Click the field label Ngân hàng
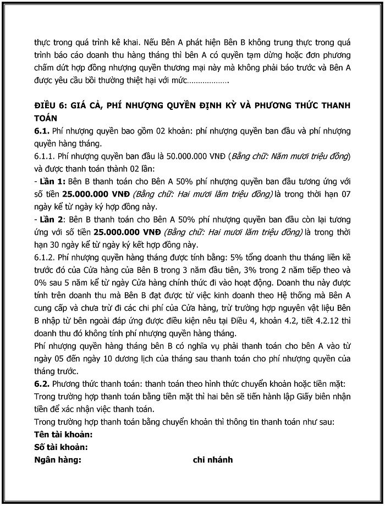point(57,459)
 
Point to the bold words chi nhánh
point(212,459)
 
